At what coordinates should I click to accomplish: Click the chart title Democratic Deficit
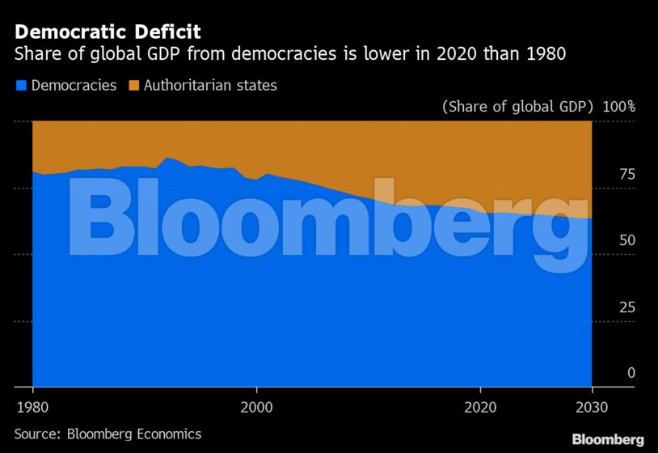pyautogui.click(x=108, y=32)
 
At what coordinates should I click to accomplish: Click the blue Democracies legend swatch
pyautogui.click(x=20, y=85)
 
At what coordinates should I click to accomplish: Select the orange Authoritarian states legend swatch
pyautogui.click(x=133, y=85)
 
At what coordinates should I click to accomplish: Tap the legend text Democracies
pyautogui.click(x=74, y=85)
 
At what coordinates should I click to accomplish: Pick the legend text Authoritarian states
pyautogui.click(x=210, y=85)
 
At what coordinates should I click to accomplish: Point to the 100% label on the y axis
pyautogui.click(x=619, y=107)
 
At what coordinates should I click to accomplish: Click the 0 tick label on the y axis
pyautogui.click(x=631, y=373)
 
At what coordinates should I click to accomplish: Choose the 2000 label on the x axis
pyautogui.click(x=256, y=406)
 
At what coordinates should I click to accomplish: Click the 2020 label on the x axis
pyautogui.click(x=481, y=406)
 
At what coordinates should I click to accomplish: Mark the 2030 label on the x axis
pyautogui.click(x=593, y=406)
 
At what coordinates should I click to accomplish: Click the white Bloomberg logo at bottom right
pyautogui.click(x=608, y=439)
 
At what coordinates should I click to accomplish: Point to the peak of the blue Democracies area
pyautogui.click(x=167, y=158)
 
